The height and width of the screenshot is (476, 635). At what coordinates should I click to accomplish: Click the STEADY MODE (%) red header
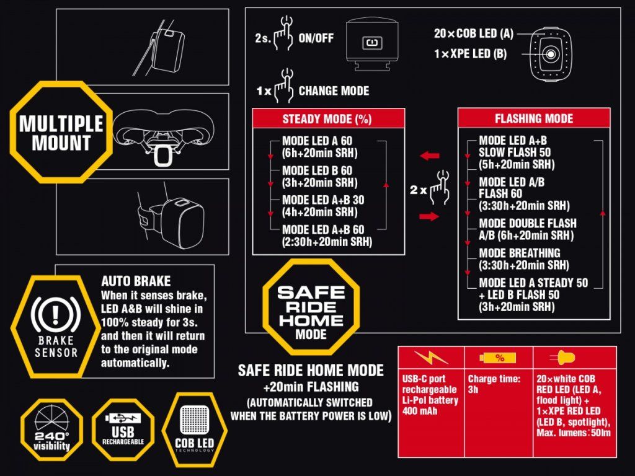tap(328, 118)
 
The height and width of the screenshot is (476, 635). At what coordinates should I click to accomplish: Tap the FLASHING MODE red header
tap(534, 118)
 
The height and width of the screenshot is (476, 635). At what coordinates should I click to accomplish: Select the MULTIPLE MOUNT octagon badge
tap(61, 133)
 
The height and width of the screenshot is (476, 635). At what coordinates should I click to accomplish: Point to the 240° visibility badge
tap(52, 430)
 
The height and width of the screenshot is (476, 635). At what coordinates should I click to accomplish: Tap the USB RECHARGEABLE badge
tap(123, 430)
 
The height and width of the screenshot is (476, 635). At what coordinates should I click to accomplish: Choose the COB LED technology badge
tap(194, 430)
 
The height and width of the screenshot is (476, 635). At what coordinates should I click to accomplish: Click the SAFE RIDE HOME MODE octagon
tap(311, 307)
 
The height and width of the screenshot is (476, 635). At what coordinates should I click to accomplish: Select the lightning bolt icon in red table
tap(431, 357)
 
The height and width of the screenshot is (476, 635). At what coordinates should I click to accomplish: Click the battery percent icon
tap(498, 358)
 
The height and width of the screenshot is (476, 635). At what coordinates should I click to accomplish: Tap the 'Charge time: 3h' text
tap(494, 384)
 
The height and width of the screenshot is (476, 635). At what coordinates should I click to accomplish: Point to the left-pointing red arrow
tap(429, 156)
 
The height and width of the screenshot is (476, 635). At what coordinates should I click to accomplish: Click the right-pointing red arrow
tap(429, 216)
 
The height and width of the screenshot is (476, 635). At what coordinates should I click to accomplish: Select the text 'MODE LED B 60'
tap(317, 170)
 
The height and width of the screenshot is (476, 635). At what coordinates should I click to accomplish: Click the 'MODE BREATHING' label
tap(520, 253)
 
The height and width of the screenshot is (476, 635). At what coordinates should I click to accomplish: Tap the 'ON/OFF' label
tap(316, 38)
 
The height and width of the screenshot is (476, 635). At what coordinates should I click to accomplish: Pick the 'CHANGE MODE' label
tap(334, 90)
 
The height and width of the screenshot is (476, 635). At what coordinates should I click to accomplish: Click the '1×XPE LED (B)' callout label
tap(470, 54)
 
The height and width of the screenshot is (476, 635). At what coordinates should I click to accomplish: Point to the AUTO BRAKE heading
tap(136, 281)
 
